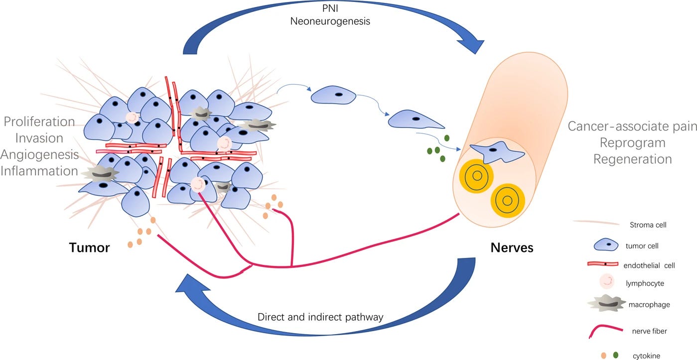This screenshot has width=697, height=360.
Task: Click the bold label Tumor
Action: click(89, 247)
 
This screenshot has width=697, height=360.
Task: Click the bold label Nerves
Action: click(512, 247)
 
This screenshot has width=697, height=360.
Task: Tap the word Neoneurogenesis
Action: click(330, 21)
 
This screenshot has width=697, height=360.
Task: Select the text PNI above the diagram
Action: click(330, 8)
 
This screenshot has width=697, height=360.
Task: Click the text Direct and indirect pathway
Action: click(320, 317)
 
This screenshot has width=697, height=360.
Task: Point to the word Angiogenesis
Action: click(39, 155)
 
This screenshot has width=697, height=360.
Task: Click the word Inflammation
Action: click(39, 171)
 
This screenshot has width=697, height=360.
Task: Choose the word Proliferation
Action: click(39, 121)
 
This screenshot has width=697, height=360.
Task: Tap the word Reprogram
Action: click(633, 143)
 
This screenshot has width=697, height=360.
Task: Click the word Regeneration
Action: click(633, 159)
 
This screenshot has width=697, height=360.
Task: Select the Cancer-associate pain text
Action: click(632, 126)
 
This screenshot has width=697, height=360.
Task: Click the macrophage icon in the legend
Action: click(607, 303)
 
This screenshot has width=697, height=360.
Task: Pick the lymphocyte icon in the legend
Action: click(607, 281)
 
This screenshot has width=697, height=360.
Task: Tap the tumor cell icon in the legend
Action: click(606, 245)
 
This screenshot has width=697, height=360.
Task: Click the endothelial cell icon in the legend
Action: click(603, 264)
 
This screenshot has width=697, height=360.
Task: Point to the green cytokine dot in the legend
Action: click(615, 355)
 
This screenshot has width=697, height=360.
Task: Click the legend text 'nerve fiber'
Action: click(649, 331)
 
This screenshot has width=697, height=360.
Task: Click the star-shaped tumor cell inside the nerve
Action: click(497, 152)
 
